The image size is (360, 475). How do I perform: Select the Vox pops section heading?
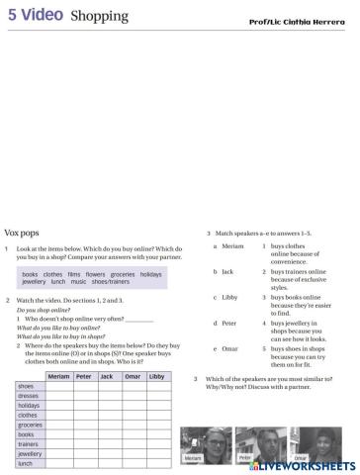[25, 229]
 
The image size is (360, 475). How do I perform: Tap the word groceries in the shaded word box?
[123, 274]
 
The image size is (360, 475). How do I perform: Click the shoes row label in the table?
[26, 386]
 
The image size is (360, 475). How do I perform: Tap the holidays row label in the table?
[30, 406]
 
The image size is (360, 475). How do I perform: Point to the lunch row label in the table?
[26, 463]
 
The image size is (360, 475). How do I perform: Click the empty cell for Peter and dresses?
[84, 396]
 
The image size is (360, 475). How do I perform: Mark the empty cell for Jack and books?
[108, 434]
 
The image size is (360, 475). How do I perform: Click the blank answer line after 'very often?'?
[139, 320]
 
